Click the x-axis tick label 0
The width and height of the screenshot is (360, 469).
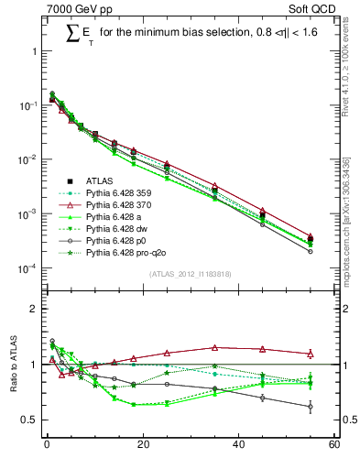pos(47,446)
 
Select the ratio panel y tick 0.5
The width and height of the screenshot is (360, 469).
pos(30,420)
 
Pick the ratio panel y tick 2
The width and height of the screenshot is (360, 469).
pos(34,309)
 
